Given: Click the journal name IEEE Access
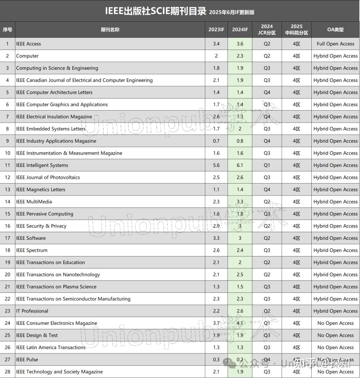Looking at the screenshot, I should click(x=29, y=44).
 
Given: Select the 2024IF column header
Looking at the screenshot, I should click(x=240, y=30).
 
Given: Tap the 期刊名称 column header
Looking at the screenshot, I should click(x=110, y=30).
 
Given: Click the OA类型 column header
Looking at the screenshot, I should click(x=335, y=30).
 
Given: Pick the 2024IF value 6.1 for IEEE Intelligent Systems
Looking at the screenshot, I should click(x=240, y=165).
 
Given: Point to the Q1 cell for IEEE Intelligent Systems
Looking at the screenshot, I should click(x=267, y=165).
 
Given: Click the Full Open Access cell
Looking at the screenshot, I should click(x=335, y=44).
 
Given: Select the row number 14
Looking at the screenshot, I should click(x=7, y=201).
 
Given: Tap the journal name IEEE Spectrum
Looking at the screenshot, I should click(x=32, y=250).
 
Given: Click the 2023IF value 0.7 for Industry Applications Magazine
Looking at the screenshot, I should click(x=216, y=141).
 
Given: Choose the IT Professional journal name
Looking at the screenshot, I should click(x=32, y=311).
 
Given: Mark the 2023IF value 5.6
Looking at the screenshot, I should click(x=216, y=165).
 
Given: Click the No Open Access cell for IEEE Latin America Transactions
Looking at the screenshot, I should click(x=335, y=347).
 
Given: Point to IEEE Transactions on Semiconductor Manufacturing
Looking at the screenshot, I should click(x=73, y=299).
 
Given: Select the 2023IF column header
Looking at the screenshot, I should click(x=216, y=30).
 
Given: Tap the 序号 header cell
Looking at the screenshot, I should click(x=7, y=30).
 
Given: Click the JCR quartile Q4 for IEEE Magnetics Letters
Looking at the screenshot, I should click(x=267, y=189).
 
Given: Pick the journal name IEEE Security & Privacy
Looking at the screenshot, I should click(x=41, y=226).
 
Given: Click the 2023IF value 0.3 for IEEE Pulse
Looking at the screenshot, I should click(x=216, y=360).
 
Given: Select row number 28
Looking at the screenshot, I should click(x=7, y=372).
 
